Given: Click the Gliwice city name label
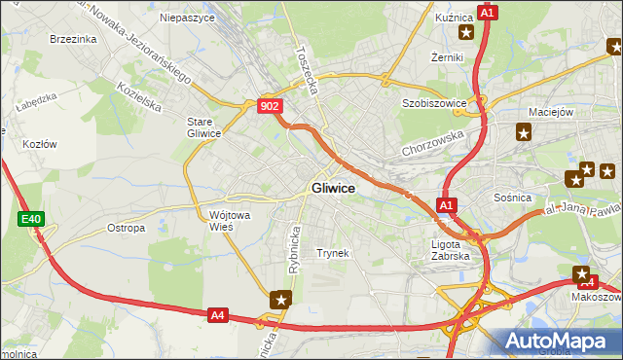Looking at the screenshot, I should coord(332,188).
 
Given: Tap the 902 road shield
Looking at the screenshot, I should coord(271,105).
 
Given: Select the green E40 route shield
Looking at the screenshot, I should coord(30,220).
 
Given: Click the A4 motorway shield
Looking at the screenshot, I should coord(218,314).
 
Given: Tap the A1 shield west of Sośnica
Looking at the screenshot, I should coord(446,205).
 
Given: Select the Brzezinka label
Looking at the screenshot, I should coord(72,39).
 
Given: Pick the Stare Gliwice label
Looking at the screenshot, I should coord(203,126).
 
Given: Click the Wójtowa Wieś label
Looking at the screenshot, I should coord(227,220).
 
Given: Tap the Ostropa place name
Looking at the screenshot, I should coord(126,229).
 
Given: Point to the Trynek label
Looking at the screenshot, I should coord(332,253).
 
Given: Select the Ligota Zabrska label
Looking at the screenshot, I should coord(451,250).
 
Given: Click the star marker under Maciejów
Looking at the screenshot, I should coord(524,134).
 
